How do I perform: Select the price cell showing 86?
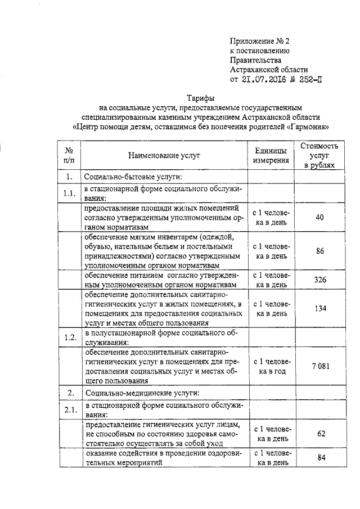[319, 251]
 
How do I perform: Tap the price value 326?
[319, 280]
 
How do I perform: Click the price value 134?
[319, 308]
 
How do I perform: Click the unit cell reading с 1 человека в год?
[271, 366]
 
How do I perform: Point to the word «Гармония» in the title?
[308, 127]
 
